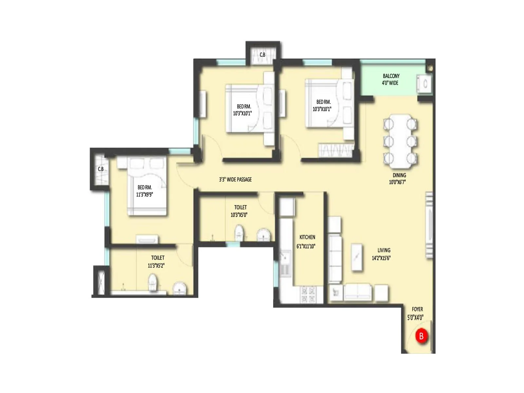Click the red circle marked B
[x=421, y=336]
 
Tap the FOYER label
[x=417, y=309]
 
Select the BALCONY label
[x=391, y=76]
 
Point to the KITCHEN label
[x=307, y=237]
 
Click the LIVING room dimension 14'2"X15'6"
[x=381, y=258]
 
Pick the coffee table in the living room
[x=357, y=257]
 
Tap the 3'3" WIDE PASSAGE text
[x=235, y=179]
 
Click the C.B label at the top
[x=262, y=55]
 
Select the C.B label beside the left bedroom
[x=101, y=169]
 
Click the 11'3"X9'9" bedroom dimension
[x=144, y=195]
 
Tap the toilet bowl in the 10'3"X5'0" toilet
[x=239, y=233]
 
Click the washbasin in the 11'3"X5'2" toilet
[x=179, y=289]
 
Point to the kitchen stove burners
[x=308, y=294]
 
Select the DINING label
[x=399, y=175]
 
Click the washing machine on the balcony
[x=424, y=84]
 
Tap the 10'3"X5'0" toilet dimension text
[x=239, y=215]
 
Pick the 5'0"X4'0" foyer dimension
[x=415, y=317]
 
